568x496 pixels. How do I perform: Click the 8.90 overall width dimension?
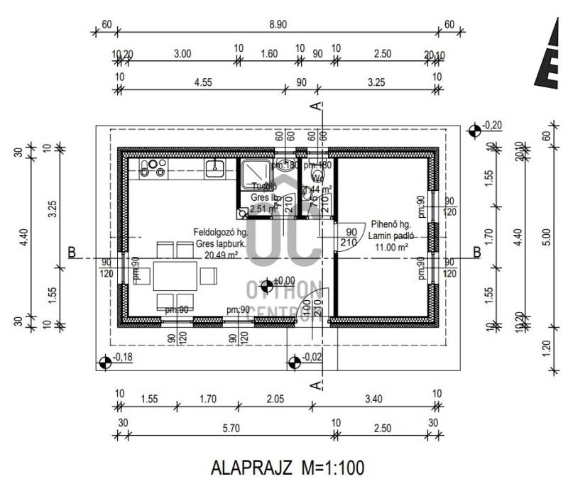[x=278, y=23]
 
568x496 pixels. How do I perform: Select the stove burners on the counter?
[x=153, y=167]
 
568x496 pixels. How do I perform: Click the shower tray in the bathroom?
[x=253, y=172]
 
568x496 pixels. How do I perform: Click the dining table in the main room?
[x=175, y=276]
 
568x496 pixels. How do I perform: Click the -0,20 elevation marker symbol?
[x=474, y=129]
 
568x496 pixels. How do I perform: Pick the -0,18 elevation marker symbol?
[x=105, y=362]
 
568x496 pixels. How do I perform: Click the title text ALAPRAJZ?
[x=253, y=468]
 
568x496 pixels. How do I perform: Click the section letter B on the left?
[x=72, y=252]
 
